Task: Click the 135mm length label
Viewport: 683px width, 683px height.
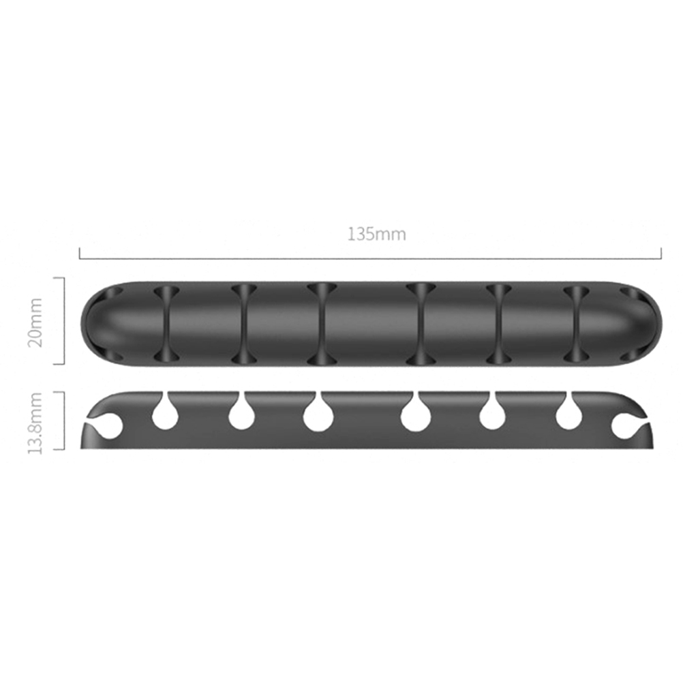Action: pyautogui.click(x=376, y=234)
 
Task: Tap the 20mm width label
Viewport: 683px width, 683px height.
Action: pyautogui.click(x=35, y=322)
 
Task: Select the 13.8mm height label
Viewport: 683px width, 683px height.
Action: pyautogui.click(x=35, y=423)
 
